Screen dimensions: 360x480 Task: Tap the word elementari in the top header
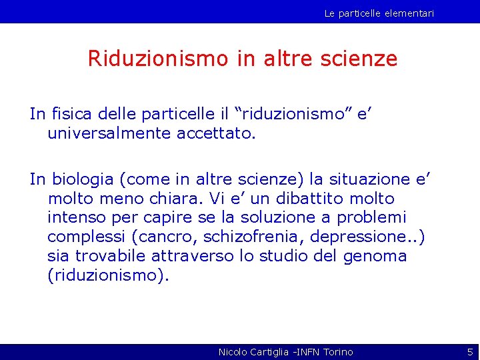[408, 13]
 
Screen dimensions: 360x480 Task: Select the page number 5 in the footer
[469, 351]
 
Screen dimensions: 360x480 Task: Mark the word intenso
[77, 218]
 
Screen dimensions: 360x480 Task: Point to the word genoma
[375, 257]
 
